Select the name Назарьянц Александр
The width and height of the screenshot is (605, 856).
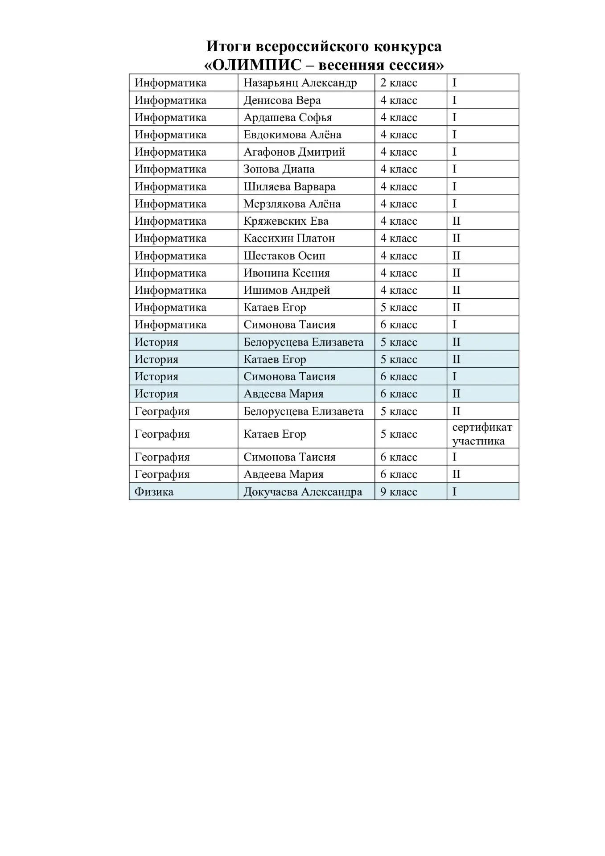point(300,83)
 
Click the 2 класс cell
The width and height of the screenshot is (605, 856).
point(399,83)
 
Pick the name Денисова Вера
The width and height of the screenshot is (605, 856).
point(282,100)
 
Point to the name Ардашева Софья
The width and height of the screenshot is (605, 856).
point(288,118)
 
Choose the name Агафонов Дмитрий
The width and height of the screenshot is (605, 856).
point(294,152)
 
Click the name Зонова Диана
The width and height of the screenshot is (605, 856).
point(279,169)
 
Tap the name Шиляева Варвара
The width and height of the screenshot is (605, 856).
point(289,187)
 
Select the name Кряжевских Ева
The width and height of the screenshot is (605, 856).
point(286,221)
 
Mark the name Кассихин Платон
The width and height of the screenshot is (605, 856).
point(289,239)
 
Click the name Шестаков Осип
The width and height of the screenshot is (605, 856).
point(284,256)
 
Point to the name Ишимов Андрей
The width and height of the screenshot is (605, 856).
point(287,290)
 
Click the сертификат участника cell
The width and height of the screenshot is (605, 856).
point(482,434)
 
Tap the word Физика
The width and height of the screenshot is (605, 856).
point(154,492)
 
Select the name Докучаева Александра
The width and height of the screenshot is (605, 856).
point(303,492)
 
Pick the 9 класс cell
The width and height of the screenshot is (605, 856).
point(399,492)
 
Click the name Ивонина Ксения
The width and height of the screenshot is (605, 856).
point(286,273)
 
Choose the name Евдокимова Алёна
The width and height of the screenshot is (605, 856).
point(292,135)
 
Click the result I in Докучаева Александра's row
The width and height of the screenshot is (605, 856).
point(454,492)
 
